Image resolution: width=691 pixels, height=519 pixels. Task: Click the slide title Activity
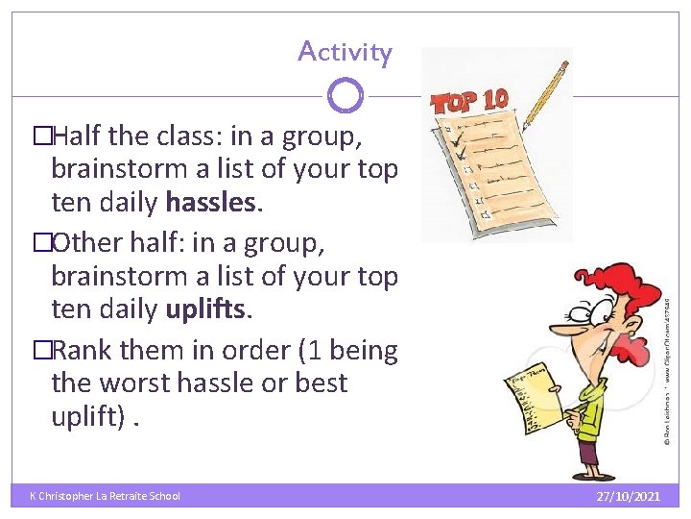pos(345,51)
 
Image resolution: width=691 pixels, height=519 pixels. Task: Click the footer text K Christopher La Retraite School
pos(105,496)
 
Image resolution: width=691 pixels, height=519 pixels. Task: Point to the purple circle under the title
pos(345,95)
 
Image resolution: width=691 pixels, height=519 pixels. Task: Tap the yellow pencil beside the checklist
pos(544,95)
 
